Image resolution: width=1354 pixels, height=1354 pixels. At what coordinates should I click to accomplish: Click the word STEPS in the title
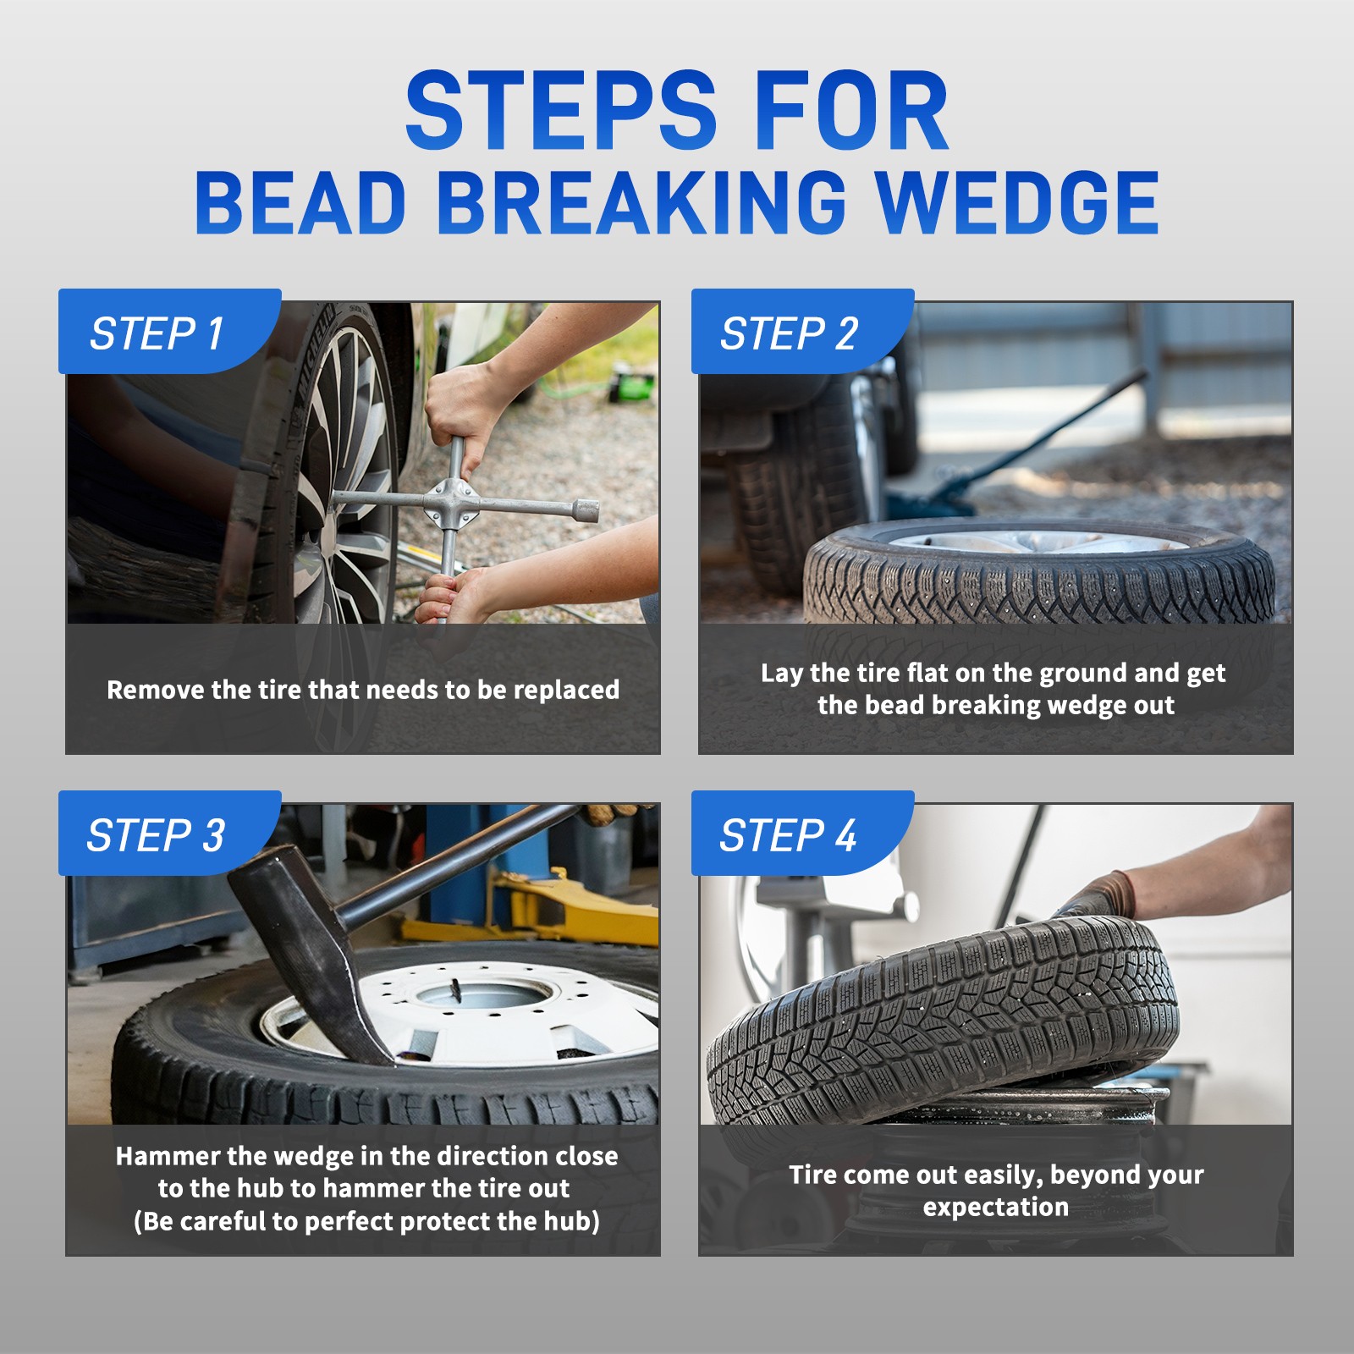click(x=561, y=111)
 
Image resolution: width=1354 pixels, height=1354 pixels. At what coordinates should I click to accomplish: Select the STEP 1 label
click(x=157, y=333)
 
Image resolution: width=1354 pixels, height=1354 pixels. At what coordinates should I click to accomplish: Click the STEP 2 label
click(x=789, y=333)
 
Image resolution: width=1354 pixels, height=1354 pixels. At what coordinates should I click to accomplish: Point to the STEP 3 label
click(x=156, y=835)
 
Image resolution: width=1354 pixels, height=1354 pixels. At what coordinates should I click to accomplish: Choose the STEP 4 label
click(x=788, y=835)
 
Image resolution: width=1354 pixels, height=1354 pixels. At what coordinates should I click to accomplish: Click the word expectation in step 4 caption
click(x=996, y=1207)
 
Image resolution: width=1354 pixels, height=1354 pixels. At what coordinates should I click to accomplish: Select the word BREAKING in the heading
click(x=641, y=202)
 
